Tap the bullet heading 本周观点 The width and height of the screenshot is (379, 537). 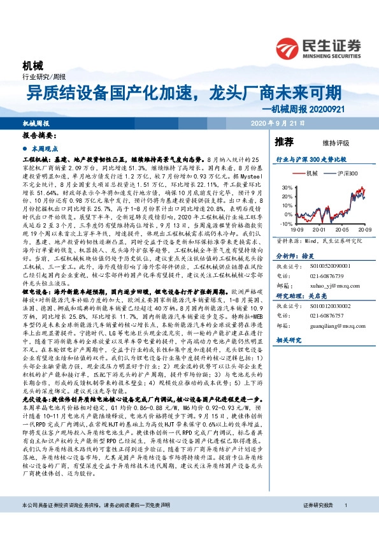click(44, 147)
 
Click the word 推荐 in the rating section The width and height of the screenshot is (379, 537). click(283, 141)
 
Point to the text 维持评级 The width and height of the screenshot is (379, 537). click(327, 142)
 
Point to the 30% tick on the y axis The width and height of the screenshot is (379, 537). click(285, 188)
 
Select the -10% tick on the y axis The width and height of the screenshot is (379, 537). click(284, 224)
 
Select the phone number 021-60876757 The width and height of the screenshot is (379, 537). click(328, 316)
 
